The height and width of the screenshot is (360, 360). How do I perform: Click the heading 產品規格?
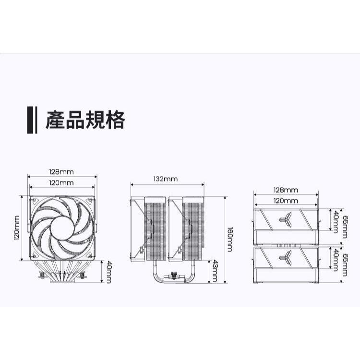pyautogui.click(x=85, y=120)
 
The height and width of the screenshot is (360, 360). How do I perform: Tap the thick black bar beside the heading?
pyautogui.click(x=30, y=120)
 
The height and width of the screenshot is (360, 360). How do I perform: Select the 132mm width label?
pyautogui.click(x=166, y=179)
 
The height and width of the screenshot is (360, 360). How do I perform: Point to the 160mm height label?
pyautogui.click(x=229, y=240)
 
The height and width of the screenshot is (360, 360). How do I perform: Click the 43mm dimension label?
pyautogui.click(x=215, y=271)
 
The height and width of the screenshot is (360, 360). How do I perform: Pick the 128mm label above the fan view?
pyautogui.click(x=61, y=172)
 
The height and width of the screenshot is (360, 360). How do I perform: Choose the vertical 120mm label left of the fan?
pyautogui.click(x=17, y=228)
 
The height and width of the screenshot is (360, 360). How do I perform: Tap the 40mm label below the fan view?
pyautogui.click(x=109, y=272)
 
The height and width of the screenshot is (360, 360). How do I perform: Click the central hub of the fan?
pyautogui.click(x=62, y=228)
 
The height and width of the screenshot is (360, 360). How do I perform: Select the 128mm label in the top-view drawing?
pyautogui.click(x=286, y=190)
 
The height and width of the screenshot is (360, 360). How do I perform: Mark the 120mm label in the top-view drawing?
pyautogui.click(x=286, y=201)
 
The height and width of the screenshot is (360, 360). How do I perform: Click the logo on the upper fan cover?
pyautogui.click(x=286, y=219)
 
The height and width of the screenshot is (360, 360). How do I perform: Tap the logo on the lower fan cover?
pyautogui.click(x=286, y=257)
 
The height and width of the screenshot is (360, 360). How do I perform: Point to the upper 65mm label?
pyautogui.click(x=345, y=227)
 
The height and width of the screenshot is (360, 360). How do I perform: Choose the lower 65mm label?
pyautogui.click(x=345, y=265)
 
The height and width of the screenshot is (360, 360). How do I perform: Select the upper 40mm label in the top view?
pyautogui.click(x=336, y=222)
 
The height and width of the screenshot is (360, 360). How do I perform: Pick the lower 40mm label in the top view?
pyautogui.click(x=336, y=260)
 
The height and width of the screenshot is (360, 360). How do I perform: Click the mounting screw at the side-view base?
pyautogui.click(x=174, y=276)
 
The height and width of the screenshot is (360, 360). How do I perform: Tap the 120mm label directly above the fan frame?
pyautogui.click(x=61, y=183)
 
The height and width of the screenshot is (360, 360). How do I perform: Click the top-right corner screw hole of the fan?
pyautogui.click(x=90, y=201)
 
